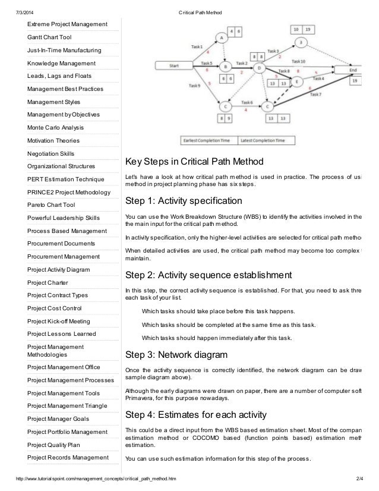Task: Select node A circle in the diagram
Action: [x=222, y=37]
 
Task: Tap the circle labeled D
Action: [x=260, y=68]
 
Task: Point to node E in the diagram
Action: [x=299, y=81]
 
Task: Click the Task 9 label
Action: [x=194, y=86]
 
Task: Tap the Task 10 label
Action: [x=299, y=61]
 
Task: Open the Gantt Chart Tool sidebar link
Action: [x=49, y=37]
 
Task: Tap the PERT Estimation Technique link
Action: [x=66, y=180]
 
